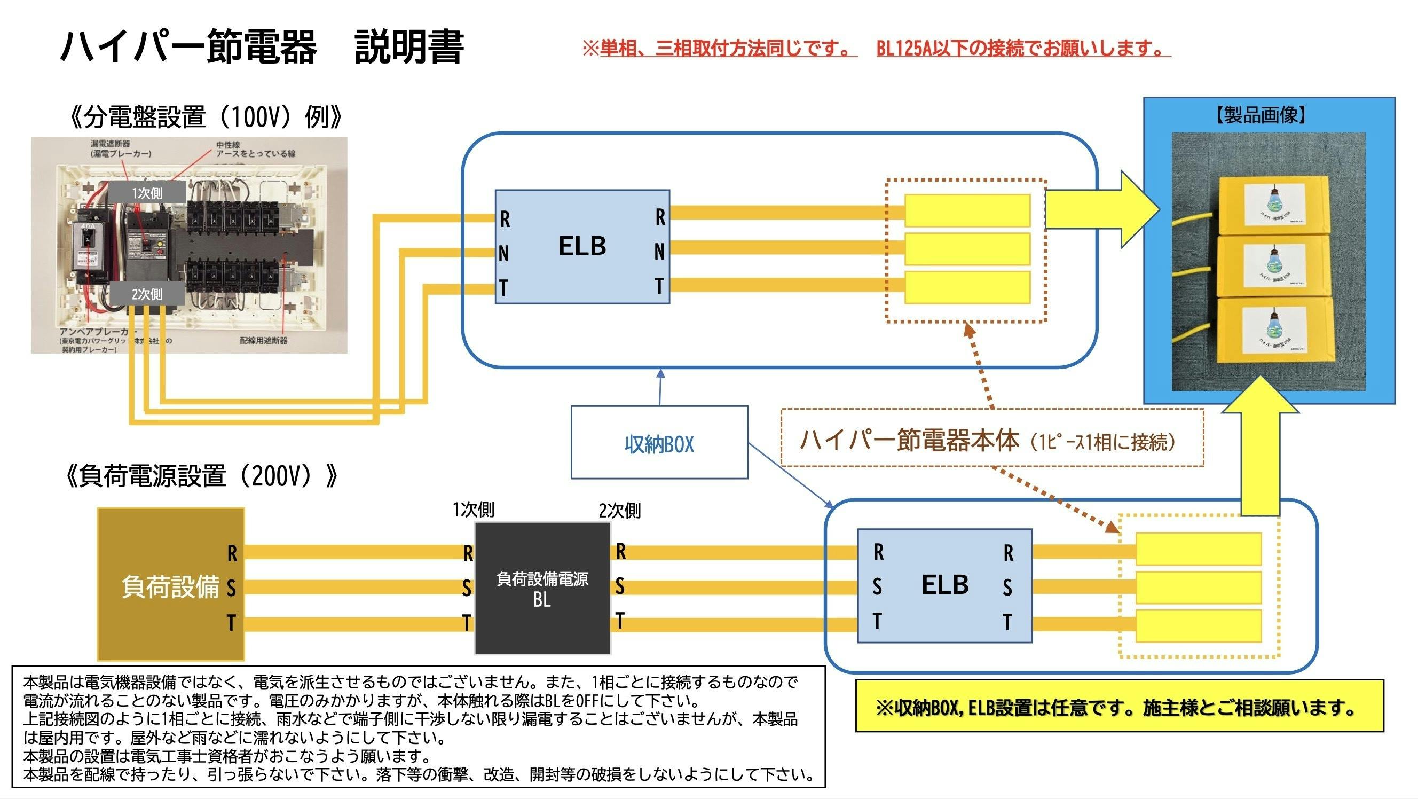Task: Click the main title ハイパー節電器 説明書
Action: pyautogui.click(x=262, y=48)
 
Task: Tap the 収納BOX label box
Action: pyautogui.click(x=659, y=443)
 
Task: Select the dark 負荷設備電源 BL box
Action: pyautogui.click(x=542, y=587)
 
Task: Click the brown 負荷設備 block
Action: pyautogui.click(x=171, y=584)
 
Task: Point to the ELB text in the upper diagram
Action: pyautogui.click(x=582, y=246)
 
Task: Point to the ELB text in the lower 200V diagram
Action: pyautogui.click(x=944, y=585)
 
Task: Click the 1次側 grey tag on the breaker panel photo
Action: pyautogui.click(x=146, y=193)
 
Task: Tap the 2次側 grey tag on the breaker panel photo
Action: pyautogui.click(x=146, y=294)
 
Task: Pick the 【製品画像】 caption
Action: pyautogui.click(x=1261, y=115)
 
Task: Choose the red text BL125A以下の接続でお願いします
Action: pyautogui.click(x=1023, y=49)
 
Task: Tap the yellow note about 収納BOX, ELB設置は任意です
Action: pyautogui.click(x=1119, y=708)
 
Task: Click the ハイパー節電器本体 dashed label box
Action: pyautogui.click(x=992, y=439)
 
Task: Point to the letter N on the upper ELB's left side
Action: pyautogui.click(x=503, y=253)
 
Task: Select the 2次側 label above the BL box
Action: pyautogui.click(x=619, y=511)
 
